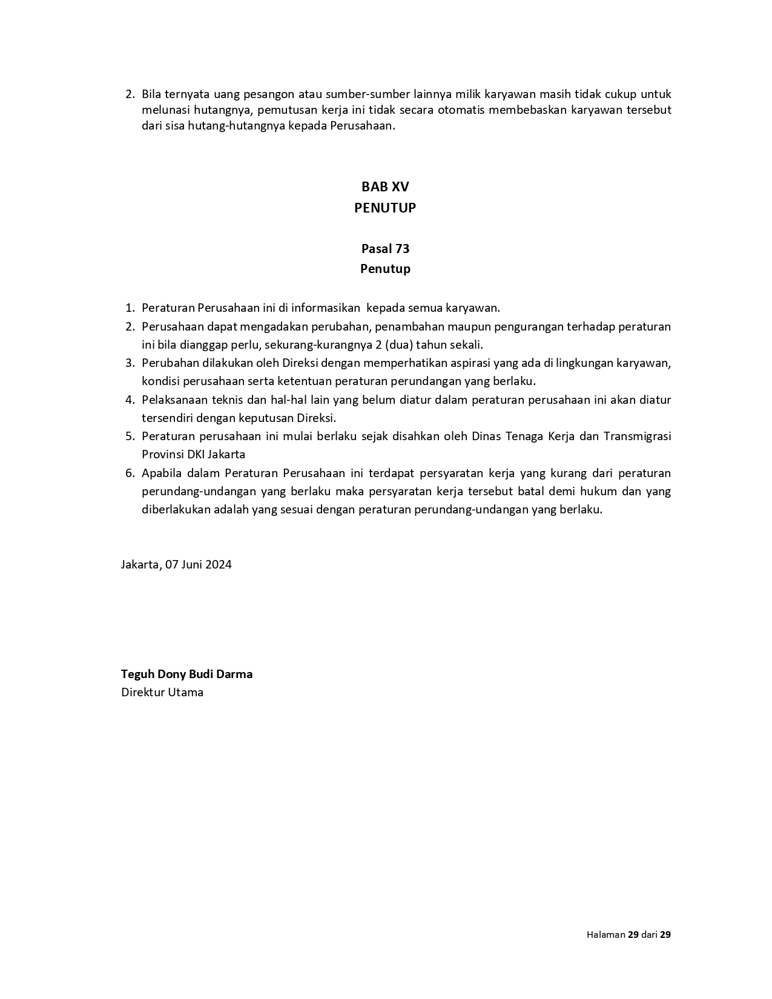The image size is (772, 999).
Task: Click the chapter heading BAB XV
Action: pyautogui.click(x=385, y=186)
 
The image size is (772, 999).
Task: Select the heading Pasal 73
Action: pyautogui.click(x=385, y=248)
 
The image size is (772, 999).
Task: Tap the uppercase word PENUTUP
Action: pyautogui.click(x=385, y=208)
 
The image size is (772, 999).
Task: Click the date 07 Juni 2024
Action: pyautogui.click(x=198, y=564)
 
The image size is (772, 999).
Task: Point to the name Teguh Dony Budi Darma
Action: pyautogui.click(x=186, y=674)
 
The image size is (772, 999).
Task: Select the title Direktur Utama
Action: pyautogui.click(x=162, y=692)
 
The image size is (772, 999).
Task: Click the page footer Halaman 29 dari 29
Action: pyautogui.click(x=628, y=934)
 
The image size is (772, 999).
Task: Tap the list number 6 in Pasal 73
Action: pyautogui.click(x=129, y=473)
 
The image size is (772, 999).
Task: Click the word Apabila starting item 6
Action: pyautogui.click(x=161, y=473)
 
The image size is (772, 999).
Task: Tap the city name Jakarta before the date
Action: pyautogui.click(x=140, y=564)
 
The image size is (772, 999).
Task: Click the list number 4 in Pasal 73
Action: pyautogui.click(x=129, y=400)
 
